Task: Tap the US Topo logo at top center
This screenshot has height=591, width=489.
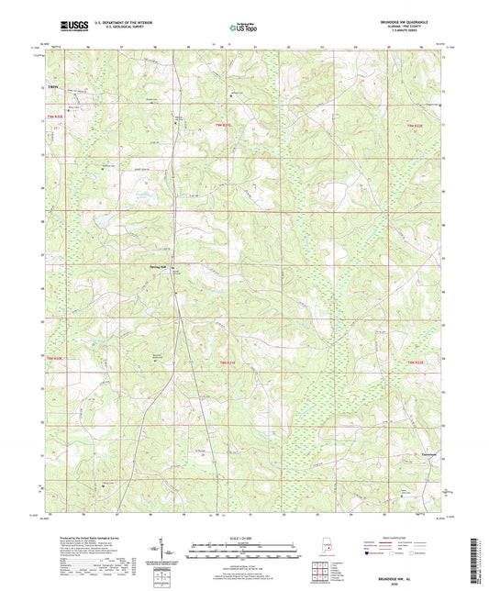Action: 243,28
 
